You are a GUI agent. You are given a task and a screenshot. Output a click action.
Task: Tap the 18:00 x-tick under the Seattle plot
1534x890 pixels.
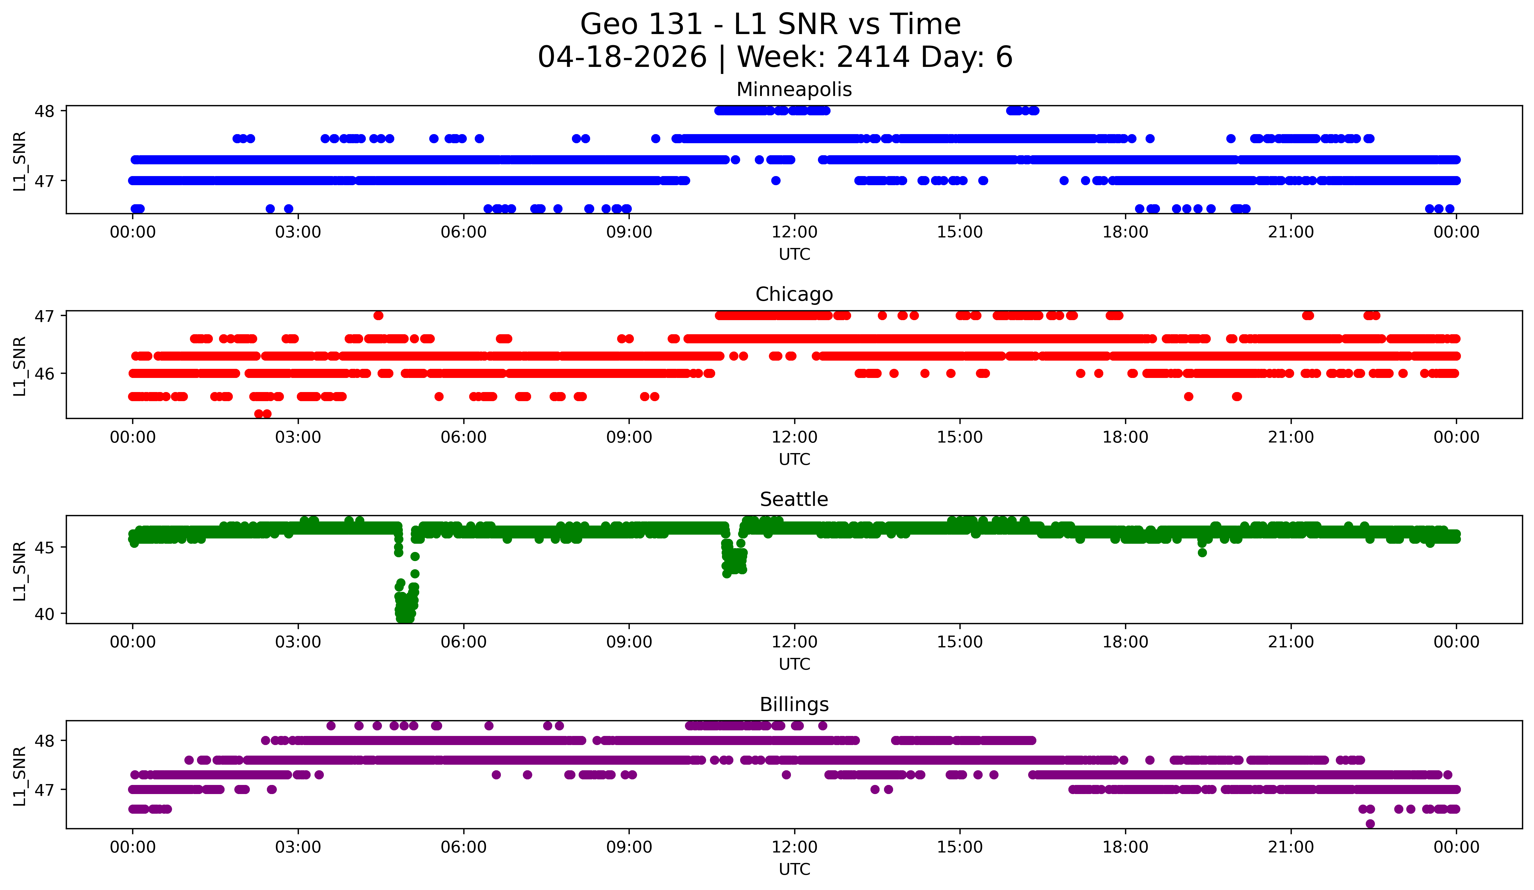tap(1125, 642)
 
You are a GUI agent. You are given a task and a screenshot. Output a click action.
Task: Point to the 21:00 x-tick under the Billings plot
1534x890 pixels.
tap(1291, 847)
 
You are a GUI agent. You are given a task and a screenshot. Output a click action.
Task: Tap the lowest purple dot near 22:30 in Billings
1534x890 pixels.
tap(1370, 824)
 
